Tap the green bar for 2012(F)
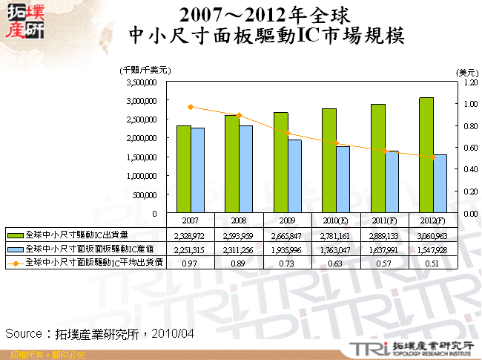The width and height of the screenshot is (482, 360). pyautogui.click(x=426, y=155)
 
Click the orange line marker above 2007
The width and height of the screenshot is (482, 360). pyautogui.click(x=191, y=107)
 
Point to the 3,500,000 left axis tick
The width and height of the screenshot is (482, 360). pyautogui.click(x=140, y=81)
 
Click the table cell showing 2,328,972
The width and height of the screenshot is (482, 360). pyautogui.click(x=191, y=235)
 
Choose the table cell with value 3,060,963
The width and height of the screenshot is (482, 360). pyautogui.click(x=433, y=235)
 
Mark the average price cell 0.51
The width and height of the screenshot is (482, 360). pyautogui.click(x=433, y=264)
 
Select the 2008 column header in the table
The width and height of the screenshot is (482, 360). pyautogui.click(x=239, y=220)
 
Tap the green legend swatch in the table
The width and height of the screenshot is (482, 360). pyautogui.click(x=16, y=235)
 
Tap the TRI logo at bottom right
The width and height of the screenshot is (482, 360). pyautogui.click(x=365, y=348)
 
